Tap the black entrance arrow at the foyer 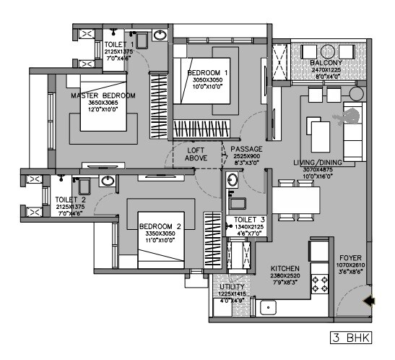pyautogui.click(x=369, y=301)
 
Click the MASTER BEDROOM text pyautogui.click(x=103, y=95)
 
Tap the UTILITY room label pyautogui.click(x=232, y=287)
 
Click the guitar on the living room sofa pyautogui.click(x=337, y=119)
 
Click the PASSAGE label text pyautogui.click(x=246, y=149)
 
